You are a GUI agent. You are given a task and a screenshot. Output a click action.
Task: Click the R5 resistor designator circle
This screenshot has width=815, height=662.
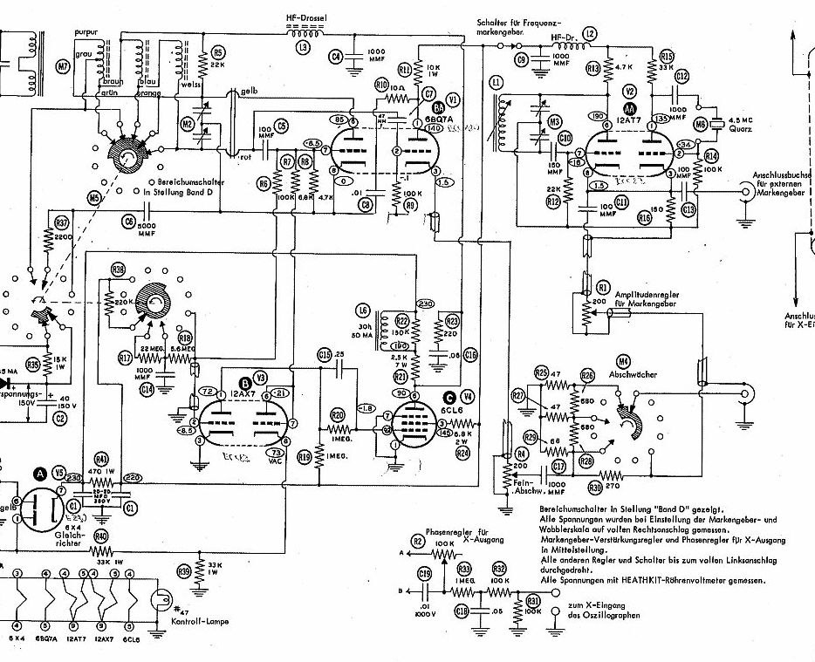[219, 51]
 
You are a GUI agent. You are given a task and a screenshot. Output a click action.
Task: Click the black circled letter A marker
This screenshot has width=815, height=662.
[40, 474]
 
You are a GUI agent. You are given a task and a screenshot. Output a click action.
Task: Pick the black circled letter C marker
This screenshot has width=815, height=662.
[449, 394]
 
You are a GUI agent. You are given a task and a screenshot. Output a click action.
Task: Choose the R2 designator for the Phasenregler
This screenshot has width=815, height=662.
[418, 542]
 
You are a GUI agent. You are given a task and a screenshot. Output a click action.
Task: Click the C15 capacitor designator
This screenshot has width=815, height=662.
[325, 353]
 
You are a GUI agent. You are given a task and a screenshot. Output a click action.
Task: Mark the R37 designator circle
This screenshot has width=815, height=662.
[61, 222]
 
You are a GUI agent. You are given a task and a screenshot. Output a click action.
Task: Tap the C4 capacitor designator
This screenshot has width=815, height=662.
[336, 57]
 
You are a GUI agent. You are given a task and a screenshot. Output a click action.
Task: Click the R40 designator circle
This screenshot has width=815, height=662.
[101, 535]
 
